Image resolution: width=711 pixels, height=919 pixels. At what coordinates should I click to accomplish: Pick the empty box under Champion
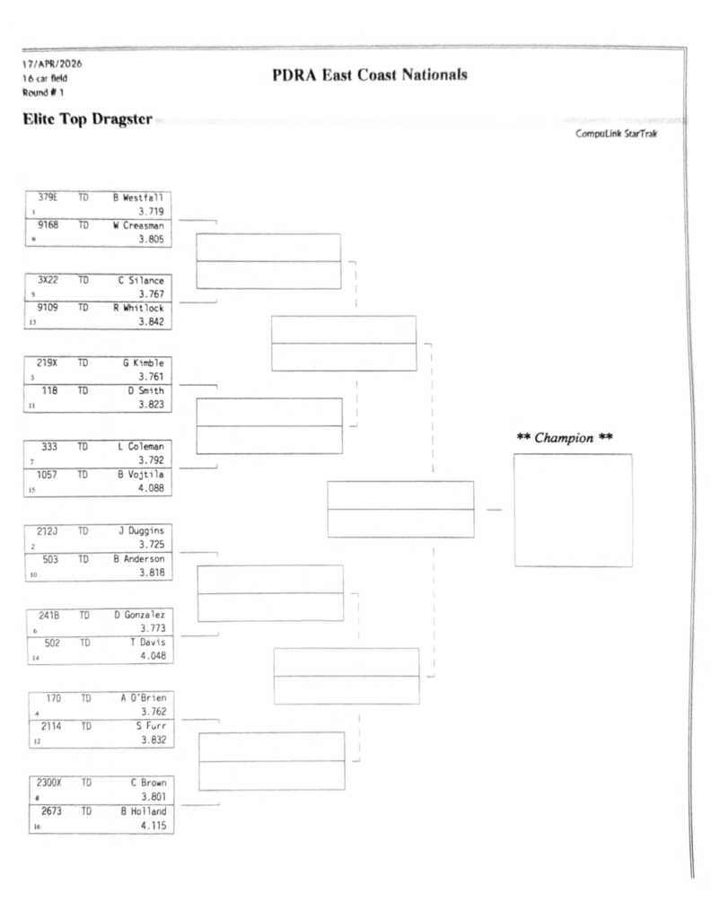coord(573,510)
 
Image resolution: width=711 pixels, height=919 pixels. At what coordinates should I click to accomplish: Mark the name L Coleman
coord(144,446)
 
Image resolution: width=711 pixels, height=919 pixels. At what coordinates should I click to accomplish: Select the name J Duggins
coord(144,530)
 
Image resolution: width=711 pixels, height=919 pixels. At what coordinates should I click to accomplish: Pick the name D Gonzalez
coord(142,614)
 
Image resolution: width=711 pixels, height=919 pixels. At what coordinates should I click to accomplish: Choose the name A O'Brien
coord(144,697)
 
